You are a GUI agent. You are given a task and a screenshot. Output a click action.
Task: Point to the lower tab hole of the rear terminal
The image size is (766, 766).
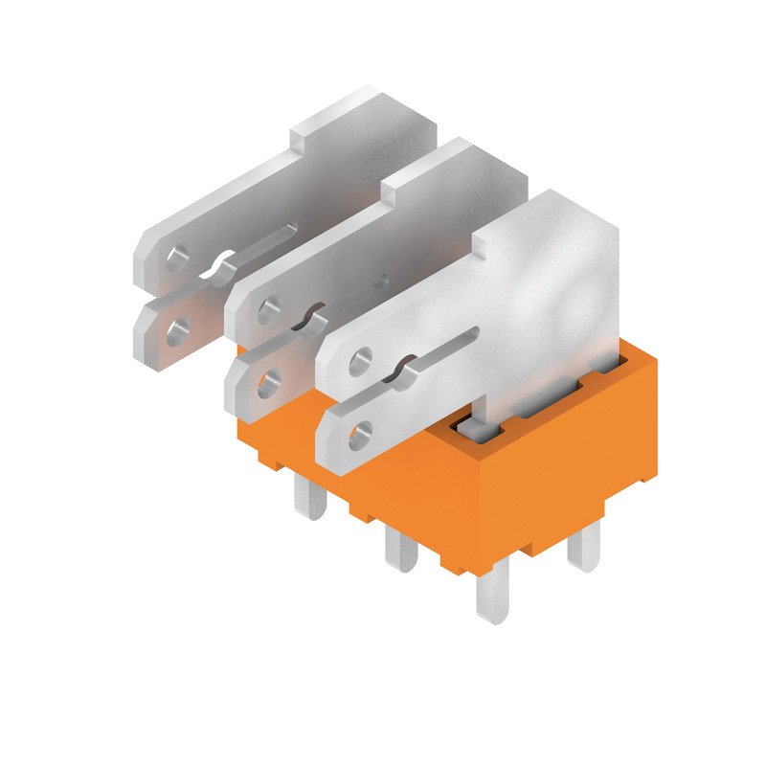[x=176, y=331]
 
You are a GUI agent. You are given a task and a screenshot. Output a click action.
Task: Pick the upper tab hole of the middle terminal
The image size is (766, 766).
[x=269, y=308]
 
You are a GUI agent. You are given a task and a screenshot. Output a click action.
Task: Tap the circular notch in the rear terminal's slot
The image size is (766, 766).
[x=224, y=262]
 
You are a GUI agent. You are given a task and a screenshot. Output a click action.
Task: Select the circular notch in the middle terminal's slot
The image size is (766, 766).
[x=315, y=316]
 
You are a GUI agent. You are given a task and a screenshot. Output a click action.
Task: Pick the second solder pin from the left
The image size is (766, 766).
[x=400, y=548]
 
